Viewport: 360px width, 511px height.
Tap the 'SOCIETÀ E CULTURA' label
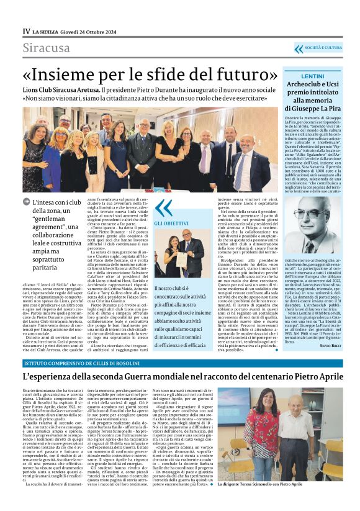323,48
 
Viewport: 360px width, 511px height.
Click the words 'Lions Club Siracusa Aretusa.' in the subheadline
75,89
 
